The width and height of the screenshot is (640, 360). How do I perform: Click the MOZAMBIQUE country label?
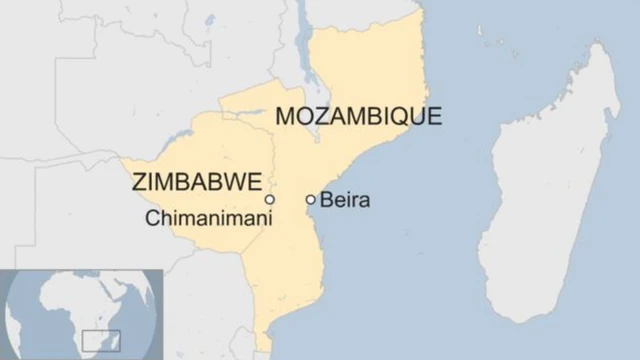pos(358,116)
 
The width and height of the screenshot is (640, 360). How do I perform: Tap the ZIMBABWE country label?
pos(197,182)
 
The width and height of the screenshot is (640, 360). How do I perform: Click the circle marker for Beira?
pos(311,200)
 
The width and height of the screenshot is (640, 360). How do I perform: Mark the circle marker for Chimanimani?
pos(270,200)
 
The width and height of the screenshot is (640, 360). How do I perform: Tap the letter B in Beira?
pos(326,200)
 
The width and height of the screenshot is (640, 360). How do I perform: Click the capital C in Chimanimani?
pos(151,216)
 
